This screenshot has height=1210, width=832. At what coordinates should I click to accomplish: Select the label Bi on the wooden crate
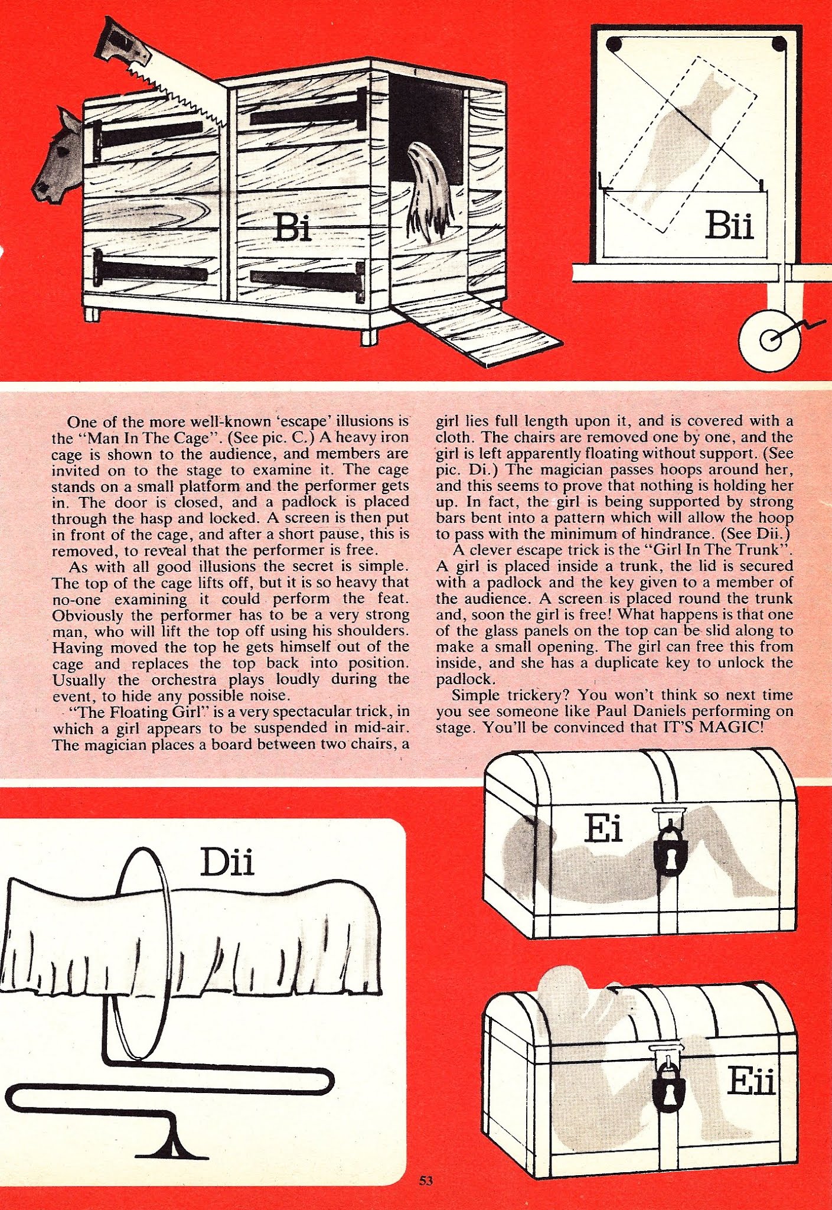click(293, 227)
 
